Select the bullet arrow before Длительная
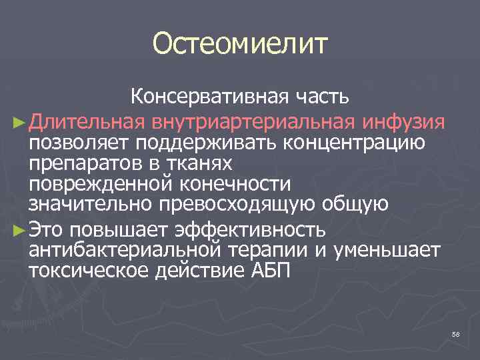(18, 123)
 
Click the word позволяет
(79, 143)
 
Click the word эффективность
(250, 231)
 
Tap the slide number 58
(456, 334)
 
